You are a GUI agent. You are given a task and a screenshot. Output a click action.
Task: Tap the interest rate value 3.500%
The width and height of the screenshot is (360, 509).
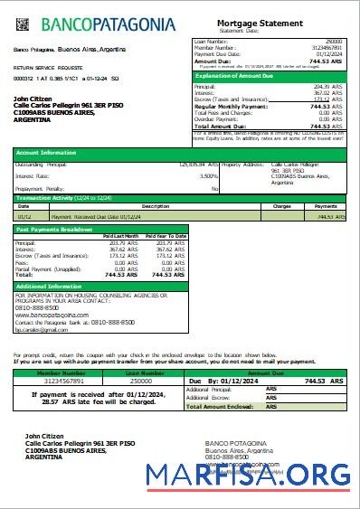(208, 175)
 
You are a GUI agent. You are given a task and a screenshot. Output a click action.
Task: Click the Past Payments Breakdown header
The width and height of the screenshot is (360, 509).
(55, 230)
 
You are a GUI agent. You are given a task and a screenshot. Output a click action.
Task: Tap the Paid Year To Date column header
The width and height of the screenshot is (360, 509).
(166, 236)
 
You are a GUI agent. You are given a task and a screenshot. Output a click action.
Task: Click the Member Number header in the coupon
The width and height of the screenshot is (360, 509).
(62, 372)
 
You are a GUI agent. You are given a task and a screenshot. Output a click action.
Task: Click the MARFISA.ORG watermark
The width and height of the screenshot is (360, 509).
(250, 474)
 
